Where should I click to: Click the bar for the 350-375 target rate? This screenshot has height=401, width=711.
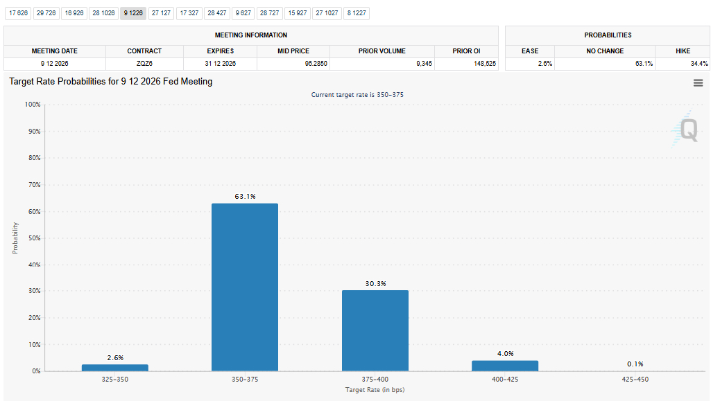(245, 287)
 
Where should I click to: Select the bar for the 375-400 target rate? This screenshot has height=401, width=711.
(375, 331)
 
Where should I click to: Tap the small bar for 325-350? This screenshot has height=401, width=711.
(115, 368)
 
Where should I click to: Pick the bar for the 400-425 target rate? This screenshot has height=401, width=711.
(505, 366)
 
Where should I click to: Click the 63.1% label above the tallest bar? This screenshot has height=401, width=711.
(246, 197)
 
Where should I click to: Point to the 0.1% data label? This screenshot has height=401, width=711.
(635, 364)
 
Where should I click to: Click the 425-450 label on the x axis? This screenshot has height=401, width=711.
(635, 380)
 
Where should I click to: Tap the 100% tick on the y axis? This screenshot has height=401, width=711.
(33, 105)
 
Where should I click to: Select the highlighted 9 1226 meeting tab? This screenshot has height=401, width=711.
(133, 13)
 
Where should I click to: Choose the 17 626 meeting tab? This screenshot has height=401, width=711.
(19, 13)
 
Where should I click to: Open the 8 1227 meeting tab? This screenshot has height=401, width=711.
(357, 13)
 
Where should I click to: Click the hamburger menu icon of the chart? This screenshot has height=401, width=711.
(699, 83)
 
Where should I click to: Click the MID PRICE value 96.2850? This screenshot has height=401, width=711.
(316, 64)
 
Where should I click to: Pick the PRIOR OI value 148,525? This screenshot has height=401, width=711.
(485, 64)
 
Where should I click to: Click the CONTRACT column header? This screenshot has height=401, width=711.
(144, 51)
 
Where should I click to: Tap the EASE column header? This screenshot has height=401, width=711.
(530, 51)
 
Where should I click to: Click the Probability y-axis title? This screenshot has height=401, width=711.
(15, 238)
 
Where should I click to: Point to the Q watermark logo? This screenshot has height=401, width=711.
(685, 130)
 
